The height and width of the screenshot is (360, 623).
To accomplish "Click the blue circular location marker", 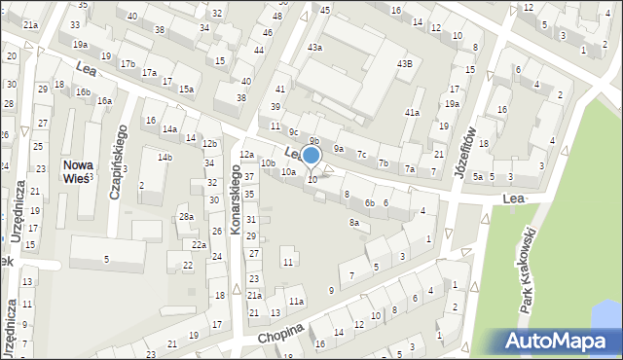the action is pyautogui.click(x=311, y=155).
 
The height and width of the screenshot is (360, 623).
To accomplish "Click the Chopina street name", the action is pyautogui.click(x=281, y=333).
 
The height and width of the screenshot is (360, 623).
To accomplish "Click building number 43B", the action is pyautogui.click(x=404, y=64).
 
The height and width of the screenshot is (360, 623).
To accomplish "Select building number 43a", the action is pyautogui.click(x=314, y=48).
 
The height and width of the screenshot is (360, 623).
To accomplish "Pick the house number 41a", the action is pyautogui.click(x=412, y=113).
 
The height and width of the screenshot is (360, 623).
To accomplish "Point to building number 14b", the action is pyautogui.click(x=165, y=157).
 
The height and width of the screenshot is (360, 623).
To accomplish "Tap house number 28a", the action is pyautogui.click(x=185, y=216).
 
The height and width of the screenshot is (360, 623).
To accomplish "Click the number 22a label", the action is pyautogui.click(x=198, y=244).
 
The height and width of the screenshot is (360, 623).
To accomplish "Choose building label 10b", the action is pyautogui.click(x=268, y=162).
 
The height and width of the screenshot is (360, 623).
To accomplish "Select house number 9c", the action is pyautogui.click(x=293, y=130).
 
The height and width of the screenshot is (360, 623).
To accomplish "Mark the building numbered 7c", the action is pyautogui.click(x=361, y=154).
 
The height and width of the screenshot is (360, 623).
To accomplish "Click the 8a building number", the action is pyautogui.click(x=354, y=223).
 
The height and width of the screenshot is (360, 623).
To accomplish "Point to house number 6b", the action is pyautogui.click(x=369, y=202).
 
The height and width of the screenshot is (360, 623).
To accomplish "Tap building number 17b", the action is pyautogui.click(x=128, y=64).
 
